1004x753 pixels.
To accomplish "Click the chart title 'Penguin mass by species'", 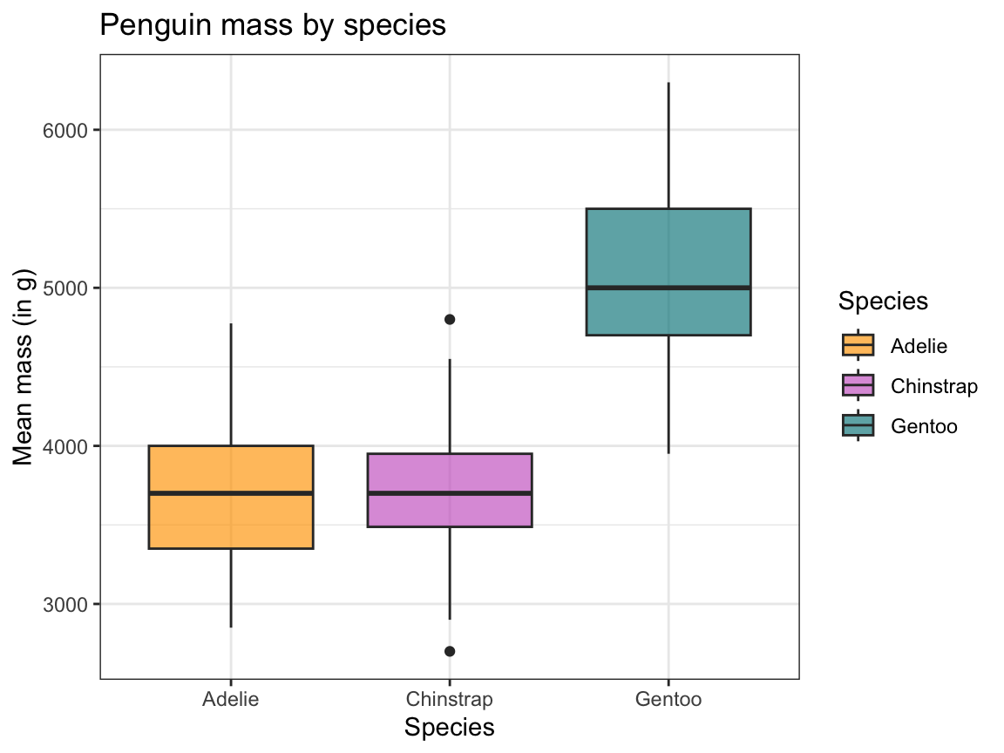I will click(x=273, y=25).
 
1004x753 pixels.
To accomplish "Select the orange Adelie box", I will click(x=231, y=523).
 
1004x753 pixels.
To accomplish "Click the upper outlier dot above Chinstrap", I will click(x=450, y=319).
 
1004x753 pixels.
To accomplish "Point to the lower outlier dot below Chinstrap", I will click(x=450, y=651).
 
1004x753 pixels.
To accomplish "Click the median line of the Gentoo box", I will click(x=668, y=288).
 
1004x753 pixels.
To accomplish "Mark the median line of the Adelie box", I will click(x=231, y=493).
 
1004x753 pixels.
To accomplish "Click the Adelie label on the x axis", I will click(x=231, y=699).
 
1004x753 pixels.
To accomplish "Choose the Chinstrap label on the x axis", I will click(x=450, y=699).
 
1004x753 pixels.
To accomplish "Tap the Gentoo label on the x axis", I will click(x=668, y=699).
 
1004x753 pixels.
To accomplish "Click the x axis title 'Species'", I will click(x=450, y=728).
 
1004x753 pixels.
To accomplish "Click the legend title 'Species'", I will click(x=883, y=302).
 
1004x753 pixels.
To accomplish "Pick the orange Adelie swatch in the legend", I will click(x=858, y=345).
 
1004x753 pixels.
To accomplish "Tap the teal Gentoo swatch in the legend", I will click(x=858, y=425).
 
